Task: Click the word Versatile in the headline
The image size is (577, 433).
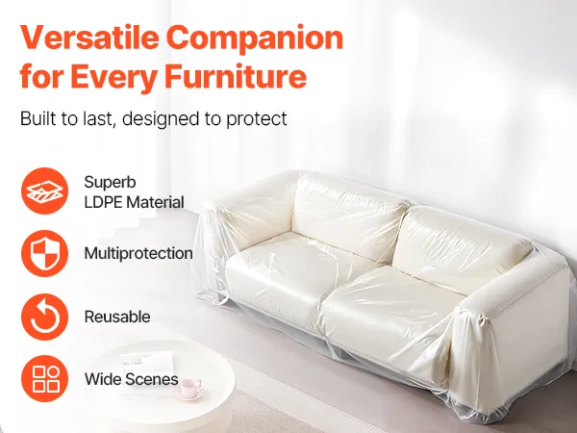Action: pos(89,38)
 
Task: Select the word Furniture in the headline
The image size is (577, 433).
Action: pos(235,77)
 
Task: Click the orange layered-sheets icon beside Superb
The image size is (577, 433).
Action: pos(44,191)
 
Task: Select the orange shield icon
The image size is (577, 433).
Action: pos(44,254)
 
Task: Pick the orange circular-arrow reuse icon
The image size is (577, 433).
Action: pos(44,317)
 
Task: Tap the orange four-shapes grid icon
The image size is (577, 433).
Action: pos(44,378)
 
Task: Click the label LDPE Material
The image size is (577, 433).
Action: pos(134,202)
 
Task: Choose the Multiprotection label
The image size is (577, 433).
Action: pos(138,254)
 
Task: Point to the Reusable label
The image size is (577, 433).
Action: pos(117,317)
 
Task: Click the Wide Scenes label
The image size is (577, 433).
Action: pos(132,379)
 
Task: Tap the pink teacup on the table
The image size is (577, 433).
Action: pos(190,388)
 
